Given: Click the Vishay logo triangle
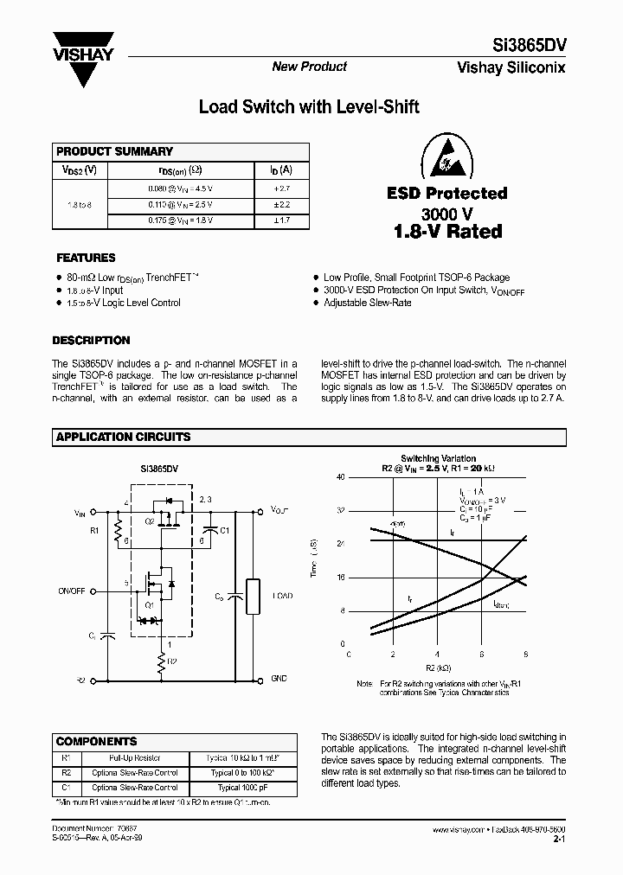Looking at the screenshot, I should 83,61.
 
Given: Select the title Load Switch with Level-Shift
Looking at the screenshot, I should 309,107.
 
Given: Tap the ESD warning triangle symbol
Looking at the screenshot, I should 463,156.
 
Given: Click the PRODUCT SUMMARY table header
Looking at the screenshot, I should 114,151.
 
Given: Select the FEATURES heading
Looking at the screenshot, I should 86,258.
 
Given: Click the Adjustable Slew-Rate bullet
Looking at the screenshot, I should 367,303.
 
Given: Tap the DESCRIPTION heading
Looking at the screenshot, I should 91,341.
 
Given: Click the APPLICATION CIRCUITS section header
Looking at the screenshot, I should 123,437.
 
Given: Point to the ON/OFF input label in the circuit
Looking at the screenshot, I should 72,591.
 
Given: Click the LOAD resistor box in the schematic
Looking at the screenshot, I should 253,596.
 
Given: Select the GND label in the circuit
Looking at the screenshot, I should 279,679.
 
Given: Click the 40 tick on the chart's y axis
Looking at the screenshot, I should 340,477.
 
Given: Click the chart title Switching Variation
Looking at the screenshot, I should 438,458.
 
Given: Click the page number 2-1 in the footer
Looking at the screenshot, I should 558,839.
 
